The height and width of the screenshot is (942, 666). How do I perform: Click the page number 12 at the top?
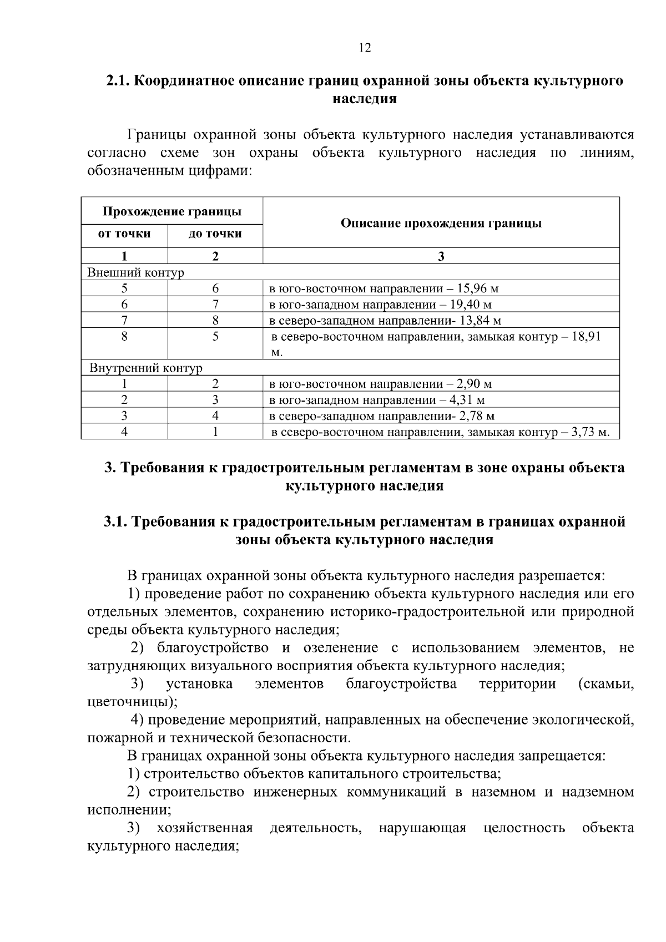(x=365, y=48)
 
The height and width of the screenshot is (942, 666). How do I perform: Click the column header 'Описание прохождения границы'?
(x=441, y=223)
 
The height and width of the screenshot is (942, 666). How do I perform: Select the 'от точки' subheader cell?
(x=124, y=234)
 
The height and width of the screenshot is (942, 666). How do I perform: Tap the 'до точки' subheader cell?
(x=215, y=234)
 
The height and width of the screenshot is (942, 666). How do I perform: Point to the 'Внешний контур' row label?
(x=135, y=272)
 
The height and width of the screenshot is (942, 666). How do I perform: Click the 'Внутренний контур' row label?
(x=146, y=368)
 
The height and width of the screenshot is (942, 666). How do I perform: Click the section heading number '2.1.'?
(x=118, y=81)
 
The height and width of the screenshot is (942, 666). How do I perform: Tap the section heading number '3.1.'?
(x=115, y=522)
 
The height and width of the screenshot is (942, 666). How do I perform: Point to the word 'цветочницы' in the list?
(x=129, y=702)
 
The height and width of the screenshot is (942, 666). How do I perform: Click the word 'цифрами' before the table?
(x=221, y=170)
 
